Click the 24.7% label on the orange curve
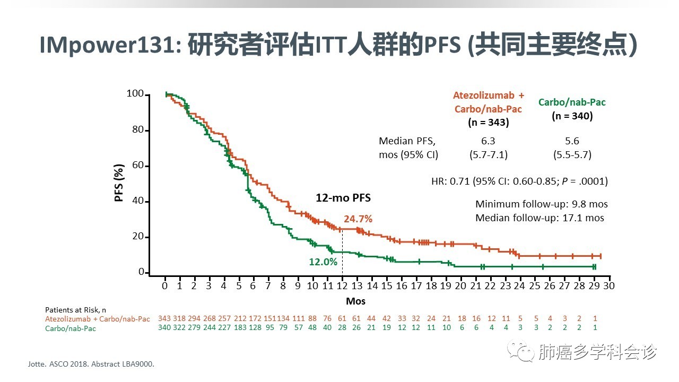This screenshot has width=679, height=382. pyautogui.click(x=358, y=219)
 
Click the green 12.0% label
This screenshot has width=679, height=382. pyautogui.click(x=323, y=262)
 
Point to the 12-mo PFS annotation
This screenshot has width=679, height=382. pyautogui.click(x=343, y=198)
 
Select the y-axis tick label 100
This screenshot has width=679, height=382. pyautogui.click(x=135, y=94)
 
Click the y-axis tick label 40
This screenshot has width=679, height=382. pyautogui.click(x=137, y=201)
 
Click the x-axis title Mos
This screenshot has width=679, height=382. pyautogui.click(x=355, y=301)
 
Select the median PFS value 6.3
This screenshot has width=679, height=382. pyautogui.click(x=488, y=141)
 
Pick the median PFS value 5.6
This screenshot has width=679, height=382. pyautogui.click(x=572, y=141)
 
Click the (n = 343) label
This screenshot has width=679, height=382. pyautogui.click(x=488, y=123)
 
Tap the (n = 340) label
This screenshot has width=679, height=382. pyautogui.click(x=572, y=116)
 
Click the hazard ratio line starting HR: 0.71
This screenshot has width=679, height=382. pyautogui.click(x=519, y=181)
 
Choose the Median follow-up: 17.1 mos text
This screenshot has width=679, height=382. pyautogui.click(x=539, y=218)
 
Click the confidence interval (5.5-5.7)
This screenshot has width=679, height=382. pyautogui.click(x=572, y=155)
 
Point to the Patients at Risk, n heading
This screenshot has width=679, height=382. pyautogui.click(x=75, y=310)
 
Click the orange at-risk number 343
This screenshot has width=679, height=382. pyautogui.click(x=164, y=318)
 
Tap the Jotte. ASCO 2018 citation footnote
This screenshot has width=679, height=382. pyautogui.click(x=93, y=364)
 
